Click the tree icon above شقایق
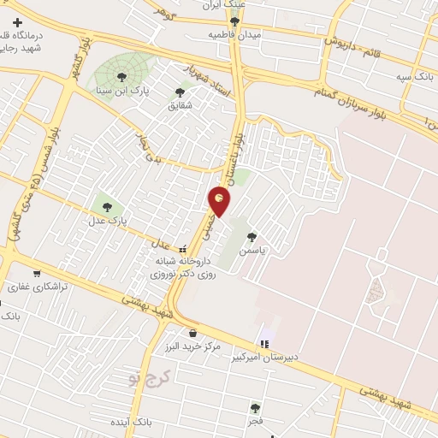180,92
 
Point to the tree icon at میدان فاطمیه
234,21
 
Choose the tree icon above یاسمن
252,237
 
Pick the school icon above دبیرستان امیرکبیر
263,344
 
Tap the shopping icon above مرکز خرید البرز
192,333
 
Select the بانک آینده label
131,423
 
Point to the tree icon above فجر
255,408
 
